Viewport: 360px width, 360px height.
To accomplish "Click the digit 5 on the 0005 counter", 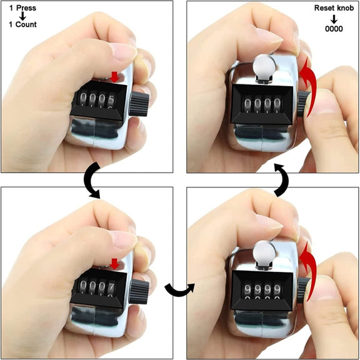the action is click(x=111, y=99).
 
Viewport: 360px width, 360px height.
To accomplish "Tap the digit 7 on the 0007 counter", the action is click(x=112, y=286).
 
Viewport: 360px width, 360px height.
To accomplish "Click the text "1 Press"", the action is click(x=22, y=8).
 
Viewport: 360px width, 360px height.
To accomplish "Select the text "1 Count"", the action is click(x=22, y=24).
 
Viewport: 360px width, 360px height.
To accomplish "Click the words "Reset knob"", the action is click(x=334, y=7).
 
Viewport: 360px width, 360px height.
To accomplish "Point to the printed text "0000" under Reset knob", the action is click(x=334, y=29).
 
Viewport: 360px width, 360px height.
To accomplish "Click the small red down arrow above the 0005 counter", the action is click(x=114, y=77).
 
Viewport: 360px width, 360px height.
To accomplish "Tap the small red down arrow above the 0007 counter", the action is click(x=114, y=264).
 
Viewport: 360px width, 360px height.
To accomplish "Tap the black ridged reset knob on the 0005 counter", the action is click(x=139, y=104).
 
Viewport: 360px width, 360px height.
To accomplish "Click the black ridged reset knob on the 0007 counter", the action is click(x=139, y=292).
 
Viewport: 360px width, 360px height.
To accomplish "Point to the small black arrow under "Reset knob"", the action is click(x=334, y=19).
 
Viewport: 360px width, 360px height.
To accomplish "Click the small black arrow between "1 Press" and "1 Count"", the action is click(x=22, y=16).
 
